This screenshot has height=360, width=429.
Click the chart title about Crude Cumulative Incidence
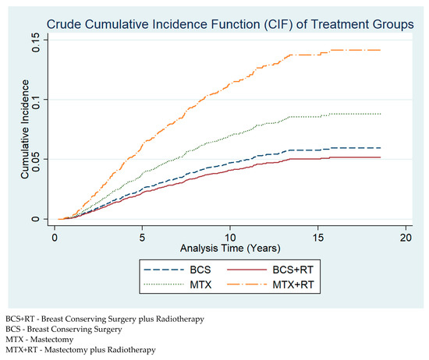(230, 25)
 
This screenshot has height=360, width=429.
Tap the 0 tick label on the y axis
(36, 219)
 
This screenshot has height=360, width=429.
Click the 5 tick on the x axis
(143, 235)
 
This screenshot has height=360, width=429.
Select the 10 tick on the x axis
(230, 235)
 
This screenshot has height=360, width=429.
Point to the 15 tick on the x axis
(318, 235)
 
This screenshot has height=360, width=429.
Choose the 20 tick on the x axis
(406, 235)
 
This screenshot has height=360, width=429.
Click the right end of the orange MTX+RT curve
(381, 50)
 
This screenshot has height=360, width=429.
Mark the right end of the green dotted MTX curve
(381, 114)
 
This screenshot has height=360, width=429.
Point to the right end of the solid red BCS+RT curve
(381, 157)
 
